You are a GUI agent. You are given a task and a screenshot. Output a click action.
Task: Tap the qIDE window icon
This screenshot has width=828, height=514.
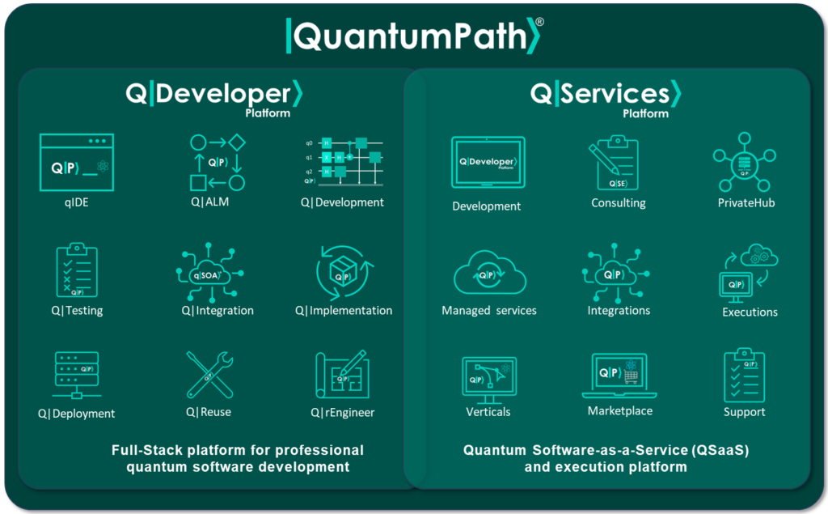pos(77,163)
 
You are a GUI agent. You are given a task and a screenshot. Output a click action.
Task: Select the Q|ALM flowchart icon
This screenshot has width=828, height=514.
pos(217,162)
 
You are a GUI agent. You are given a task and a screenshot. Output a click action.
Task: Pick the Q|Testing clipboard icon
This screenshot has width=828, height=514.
pos(77,270)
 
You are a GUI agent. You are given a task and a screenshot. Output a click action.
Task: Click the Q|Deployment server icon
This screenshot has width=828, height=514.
pos(76,374)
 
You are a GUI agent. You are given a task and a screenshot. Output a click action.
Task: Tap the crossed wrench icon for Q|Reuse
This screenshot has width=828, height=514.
pos(209,375)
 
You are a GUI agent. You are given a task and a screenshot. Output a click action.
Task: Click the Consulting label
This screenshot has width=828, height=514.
pos(619,203)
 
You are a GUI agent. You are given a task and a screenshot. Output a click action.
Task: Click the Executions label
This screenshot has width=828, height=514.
pos(750,312)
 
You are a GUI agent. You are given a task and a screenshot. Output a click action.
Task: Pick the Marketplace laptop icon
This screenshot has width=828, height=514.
pos(619,376)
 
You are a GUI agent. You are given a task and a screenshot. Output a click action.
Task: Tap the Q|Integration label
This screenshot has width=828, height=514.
pos(218,311)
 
